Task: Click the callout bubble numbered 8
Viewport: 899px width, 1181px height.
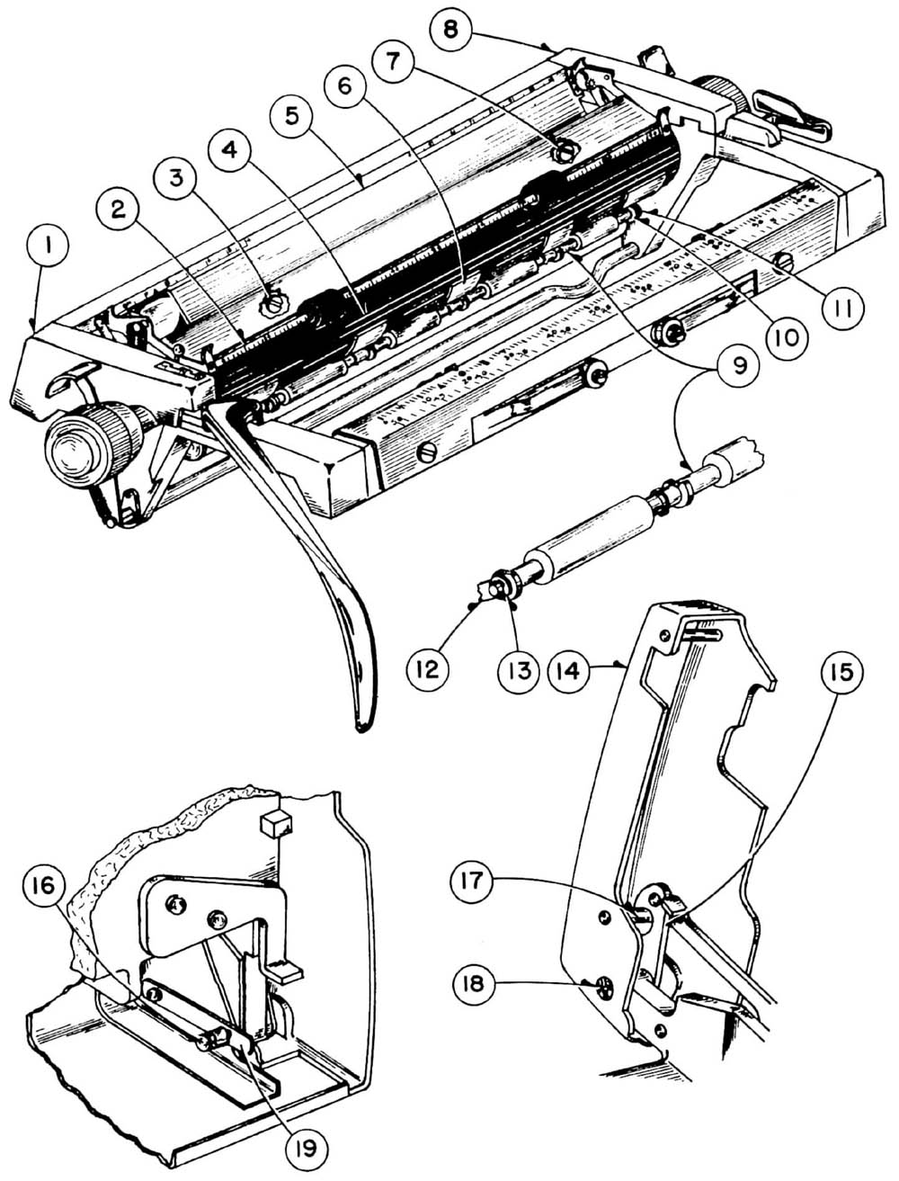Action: pos(451,28)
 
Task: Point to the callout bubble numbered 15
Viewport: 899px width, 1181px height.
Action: pos(841,672)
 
